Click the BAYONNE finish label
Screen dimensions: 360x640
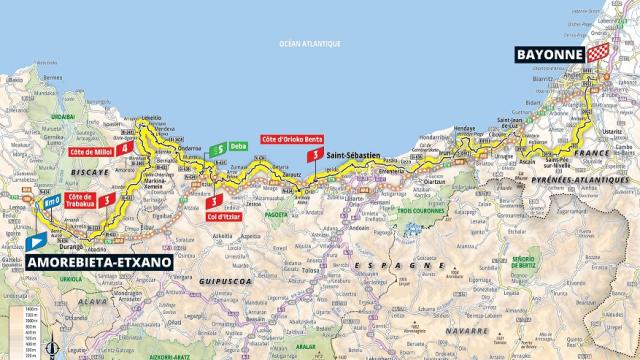tap(547, 55)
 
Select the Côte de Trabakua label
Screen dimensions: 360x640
tap(88, 202)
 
